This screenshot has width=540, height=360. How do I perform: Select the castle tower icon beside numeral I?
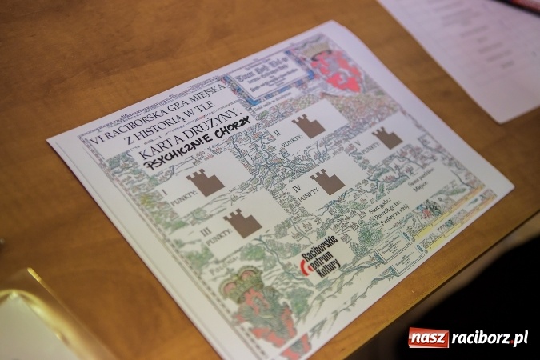click(206, 182)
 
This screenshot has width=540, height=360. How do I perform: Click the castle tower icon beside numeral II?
click(308, 125)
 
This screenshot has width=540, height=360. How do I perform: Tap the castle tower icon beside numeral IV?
click(327, 181)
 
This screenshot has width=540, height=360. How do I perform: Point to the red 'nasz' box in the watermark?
click(428, 338)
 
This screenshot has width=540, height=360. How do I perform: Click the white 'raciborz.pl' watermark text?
click(489, 338)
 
